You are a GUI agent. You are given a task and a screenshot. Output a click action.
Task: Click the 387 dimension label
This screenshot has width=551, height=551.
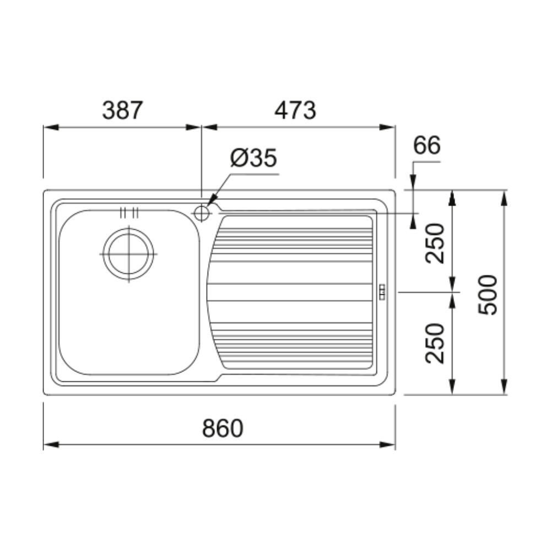click(x=122, y=110)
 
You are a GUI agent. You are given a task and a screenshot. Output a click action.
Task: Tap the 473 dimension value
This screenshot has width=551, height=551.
click(x=295, y=110)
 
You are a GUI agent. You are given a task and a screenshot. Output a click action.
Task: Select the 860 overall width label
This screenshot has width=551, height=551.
click(x=223, y=428)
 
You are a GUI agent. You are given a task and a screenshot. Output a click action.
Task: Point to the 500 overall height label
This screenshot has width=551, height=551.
click(x=488, y=295)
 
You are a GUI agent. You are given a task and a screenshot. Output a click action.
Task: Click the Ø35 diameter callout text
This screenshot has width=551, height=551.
click(x=253, y=158)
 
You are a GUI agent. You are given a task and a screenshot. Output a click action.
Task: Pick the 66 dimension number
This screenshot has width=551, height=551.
click(x=426, y=145)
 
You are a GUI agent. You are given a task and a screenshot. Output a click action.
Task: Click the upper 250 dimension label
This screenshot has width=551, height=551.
click(x=435, y=243)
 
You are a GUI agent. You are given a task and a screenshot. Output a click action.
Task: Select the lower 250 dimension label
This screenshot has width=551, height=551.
click(x=435, y=343)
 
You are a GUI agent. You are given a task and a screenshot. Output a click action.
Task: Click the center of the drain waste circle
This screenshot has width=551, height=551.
click(x=129, y=253)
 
